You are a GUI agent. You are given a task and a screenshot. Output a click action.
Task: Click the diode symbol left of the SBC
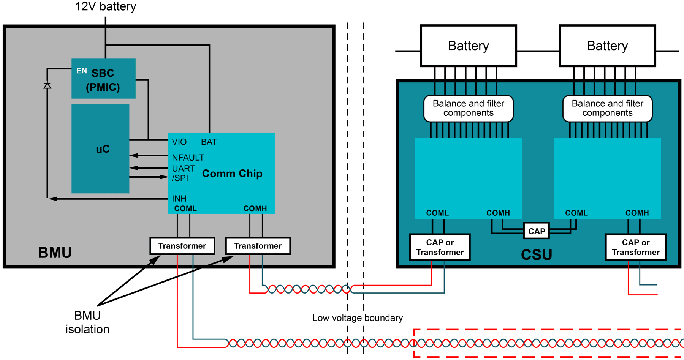[x=47, y=86]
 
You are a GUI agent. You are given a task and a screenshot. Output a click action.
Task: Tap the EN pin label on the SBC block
[x=82, y=71]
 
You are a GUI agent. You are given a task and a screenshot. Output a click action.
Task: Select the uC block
[x=101, y=149]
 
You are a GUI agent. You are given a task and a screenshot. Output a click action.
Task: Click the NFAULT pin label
[x=188, y=157]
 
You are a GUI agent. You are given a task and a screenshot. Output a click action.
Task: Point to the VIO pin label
[x=179, y=142]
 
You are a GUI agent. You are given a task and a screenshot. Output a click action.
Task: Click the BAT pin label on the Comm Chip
[x=209, y=142]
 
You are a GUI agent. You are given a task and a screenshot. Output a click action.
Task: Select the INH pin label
[x=179, y=198]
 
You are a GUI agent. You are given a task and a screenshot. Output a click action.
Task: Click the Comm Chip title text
[x=232, y=174]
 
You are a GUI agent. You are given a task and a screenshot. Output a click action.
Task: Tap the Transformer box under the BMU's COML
[x=182, y=246]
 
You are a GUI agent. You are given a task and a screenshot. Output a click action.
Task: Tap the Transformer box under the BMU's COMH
[x=258, y=246]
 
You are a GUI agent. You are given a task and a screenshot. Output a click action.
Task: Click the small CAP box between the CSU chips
[x=536, y=231]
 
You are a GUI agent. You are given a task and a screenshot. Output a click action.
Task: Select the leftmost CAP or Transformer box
[x=440, y=247]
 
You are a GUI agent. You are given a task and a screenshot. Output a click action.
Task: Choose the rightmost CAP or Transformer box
[x=635, y=247]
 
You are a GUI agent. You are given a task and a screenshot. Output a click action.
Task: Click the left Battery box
[x=468, y=46]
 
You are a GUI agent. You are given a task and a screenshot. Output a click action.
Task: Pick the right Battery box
[x=607, y=46]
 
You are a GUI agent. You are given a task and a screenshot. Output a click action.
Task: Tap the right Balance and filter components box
[x=607, y=108]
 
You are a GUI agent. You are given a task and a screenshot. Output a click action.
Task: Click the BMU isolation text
[x=87, y=322]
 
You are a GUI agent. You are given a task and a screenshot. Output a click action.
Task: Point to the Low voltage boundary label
[x=357, y=318]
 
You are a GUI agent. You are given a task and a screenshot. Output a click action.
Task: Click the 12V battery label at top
[x=105, y=6]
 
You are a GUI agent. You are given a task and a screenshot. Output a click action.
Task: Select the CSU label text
[x=536, y=255]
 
